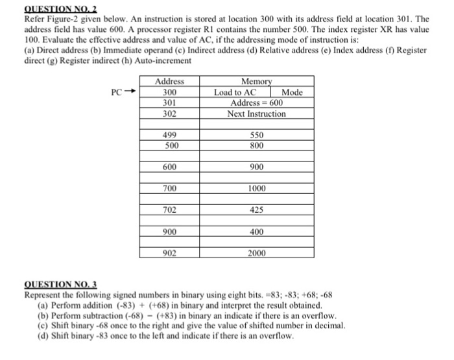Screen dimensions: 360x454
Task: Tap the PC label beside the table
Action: point(116,92)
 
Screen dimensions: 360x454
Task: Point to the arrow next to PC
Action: point(131,92)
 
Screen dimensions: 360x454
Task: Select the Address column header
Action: point(170,82)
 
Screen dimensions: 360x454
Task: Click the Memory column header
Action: point(256,82)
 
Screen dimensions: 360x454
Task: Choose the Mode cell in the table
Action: point(293,92)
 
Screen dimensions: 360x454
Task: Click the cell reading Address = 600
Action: point(256,102)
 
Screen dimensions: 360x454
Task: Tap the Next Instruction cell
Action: point(256,114)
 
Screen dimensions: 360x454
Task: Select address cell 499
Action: point(170,135)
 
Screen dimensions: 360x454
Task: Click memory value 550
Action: point(256,135)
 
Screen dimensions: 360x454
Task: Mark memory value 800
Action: point(256,145)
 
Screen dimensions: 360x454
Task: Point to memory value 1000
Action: point(256,188)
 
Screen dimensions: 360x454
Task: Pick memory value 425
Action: point(256,210)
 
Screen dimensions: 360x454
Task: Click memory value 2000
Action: point(256,252)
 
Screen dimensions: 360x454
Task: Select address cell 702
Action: point(170,210)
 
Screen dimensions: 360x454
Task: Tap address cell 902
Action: point(170,252)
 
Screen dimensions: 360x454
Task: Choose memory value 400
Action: point(256,231)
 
